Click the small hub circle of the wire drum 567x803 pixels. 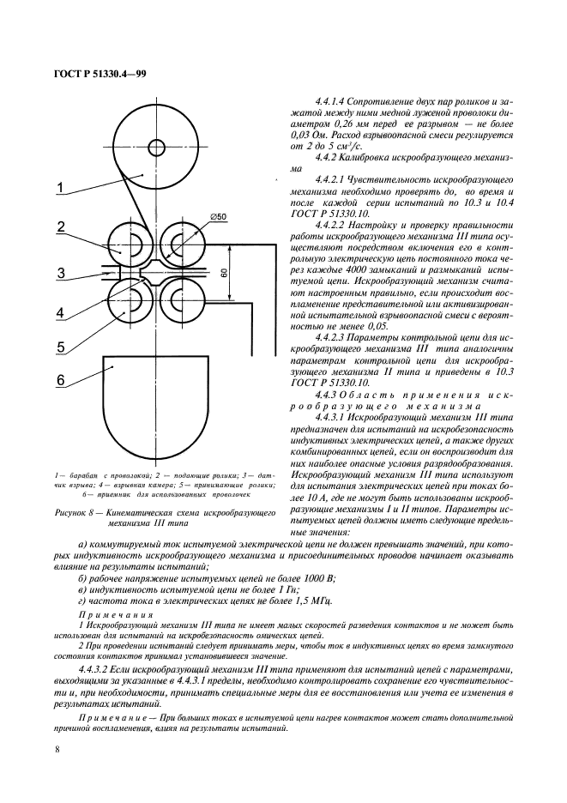click(159, 146)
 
